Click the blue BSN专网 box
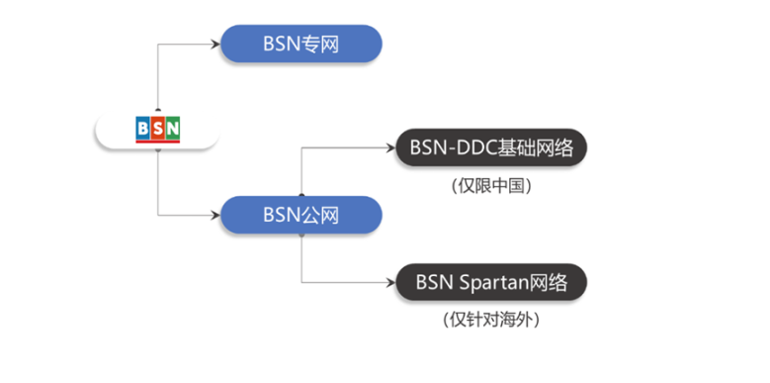click(x=300, y=45)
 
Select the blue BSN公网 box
click(x=300, y=215)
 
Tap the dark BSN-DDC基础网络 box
click(x=491, y=148)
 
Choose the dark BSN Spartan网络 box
click(x=491, y=282)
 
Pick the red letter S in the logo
click(x=158, y=130)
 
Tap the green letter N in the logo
click(x=173, y=130)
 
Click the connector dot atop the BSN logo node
click(x=158, y=111)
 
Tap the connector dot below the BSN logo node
click(x=158, y=151)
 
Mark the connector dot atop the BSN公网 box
click(x=300, y=195)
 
